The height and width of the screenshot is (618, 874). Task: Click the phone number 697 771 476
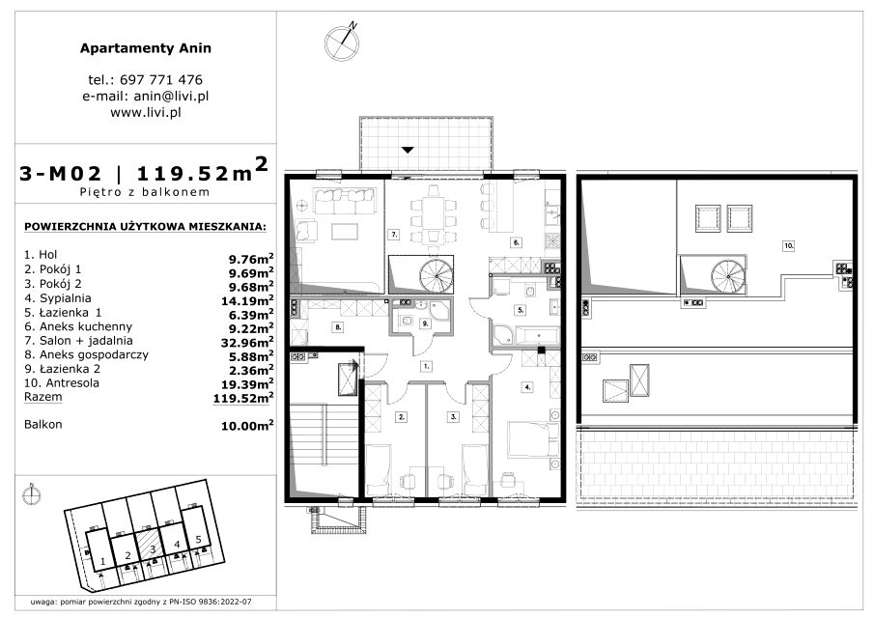[161, 80]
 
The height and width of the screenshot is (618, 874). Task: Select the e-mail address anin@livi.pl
[171, 96]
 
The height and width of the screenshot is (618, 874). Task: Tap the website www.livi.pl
[146, 112]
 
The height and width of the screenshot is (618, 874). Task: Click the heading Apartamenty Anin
[146, 48]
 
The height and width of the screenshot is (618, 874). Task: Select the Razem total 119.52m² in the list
[243, 398]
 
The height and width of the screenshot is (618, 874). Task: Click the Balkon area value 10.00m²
[247, 426]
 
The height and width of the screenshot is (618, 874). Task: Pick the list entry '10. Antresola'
[61, 382]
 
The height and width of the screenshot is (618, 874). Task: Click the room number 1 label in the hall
[427, 367]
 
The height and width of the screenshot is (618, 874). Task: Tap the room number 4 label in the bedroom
[527, 386]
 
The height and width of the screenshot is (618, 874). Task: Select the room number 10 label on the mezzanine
[788, 245]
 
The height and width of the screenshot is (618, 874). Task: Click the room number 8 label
[338, 327]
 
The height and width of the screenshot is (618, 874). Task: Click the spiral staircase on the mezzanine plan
[728, 276]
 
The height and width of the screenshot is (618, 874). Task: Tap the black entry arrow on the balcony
[408, 150]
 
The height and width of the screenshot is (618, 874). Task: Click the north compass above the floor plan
[341, 42]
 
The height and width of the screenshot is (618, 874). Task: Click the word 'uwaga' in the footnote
[42, 602]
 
